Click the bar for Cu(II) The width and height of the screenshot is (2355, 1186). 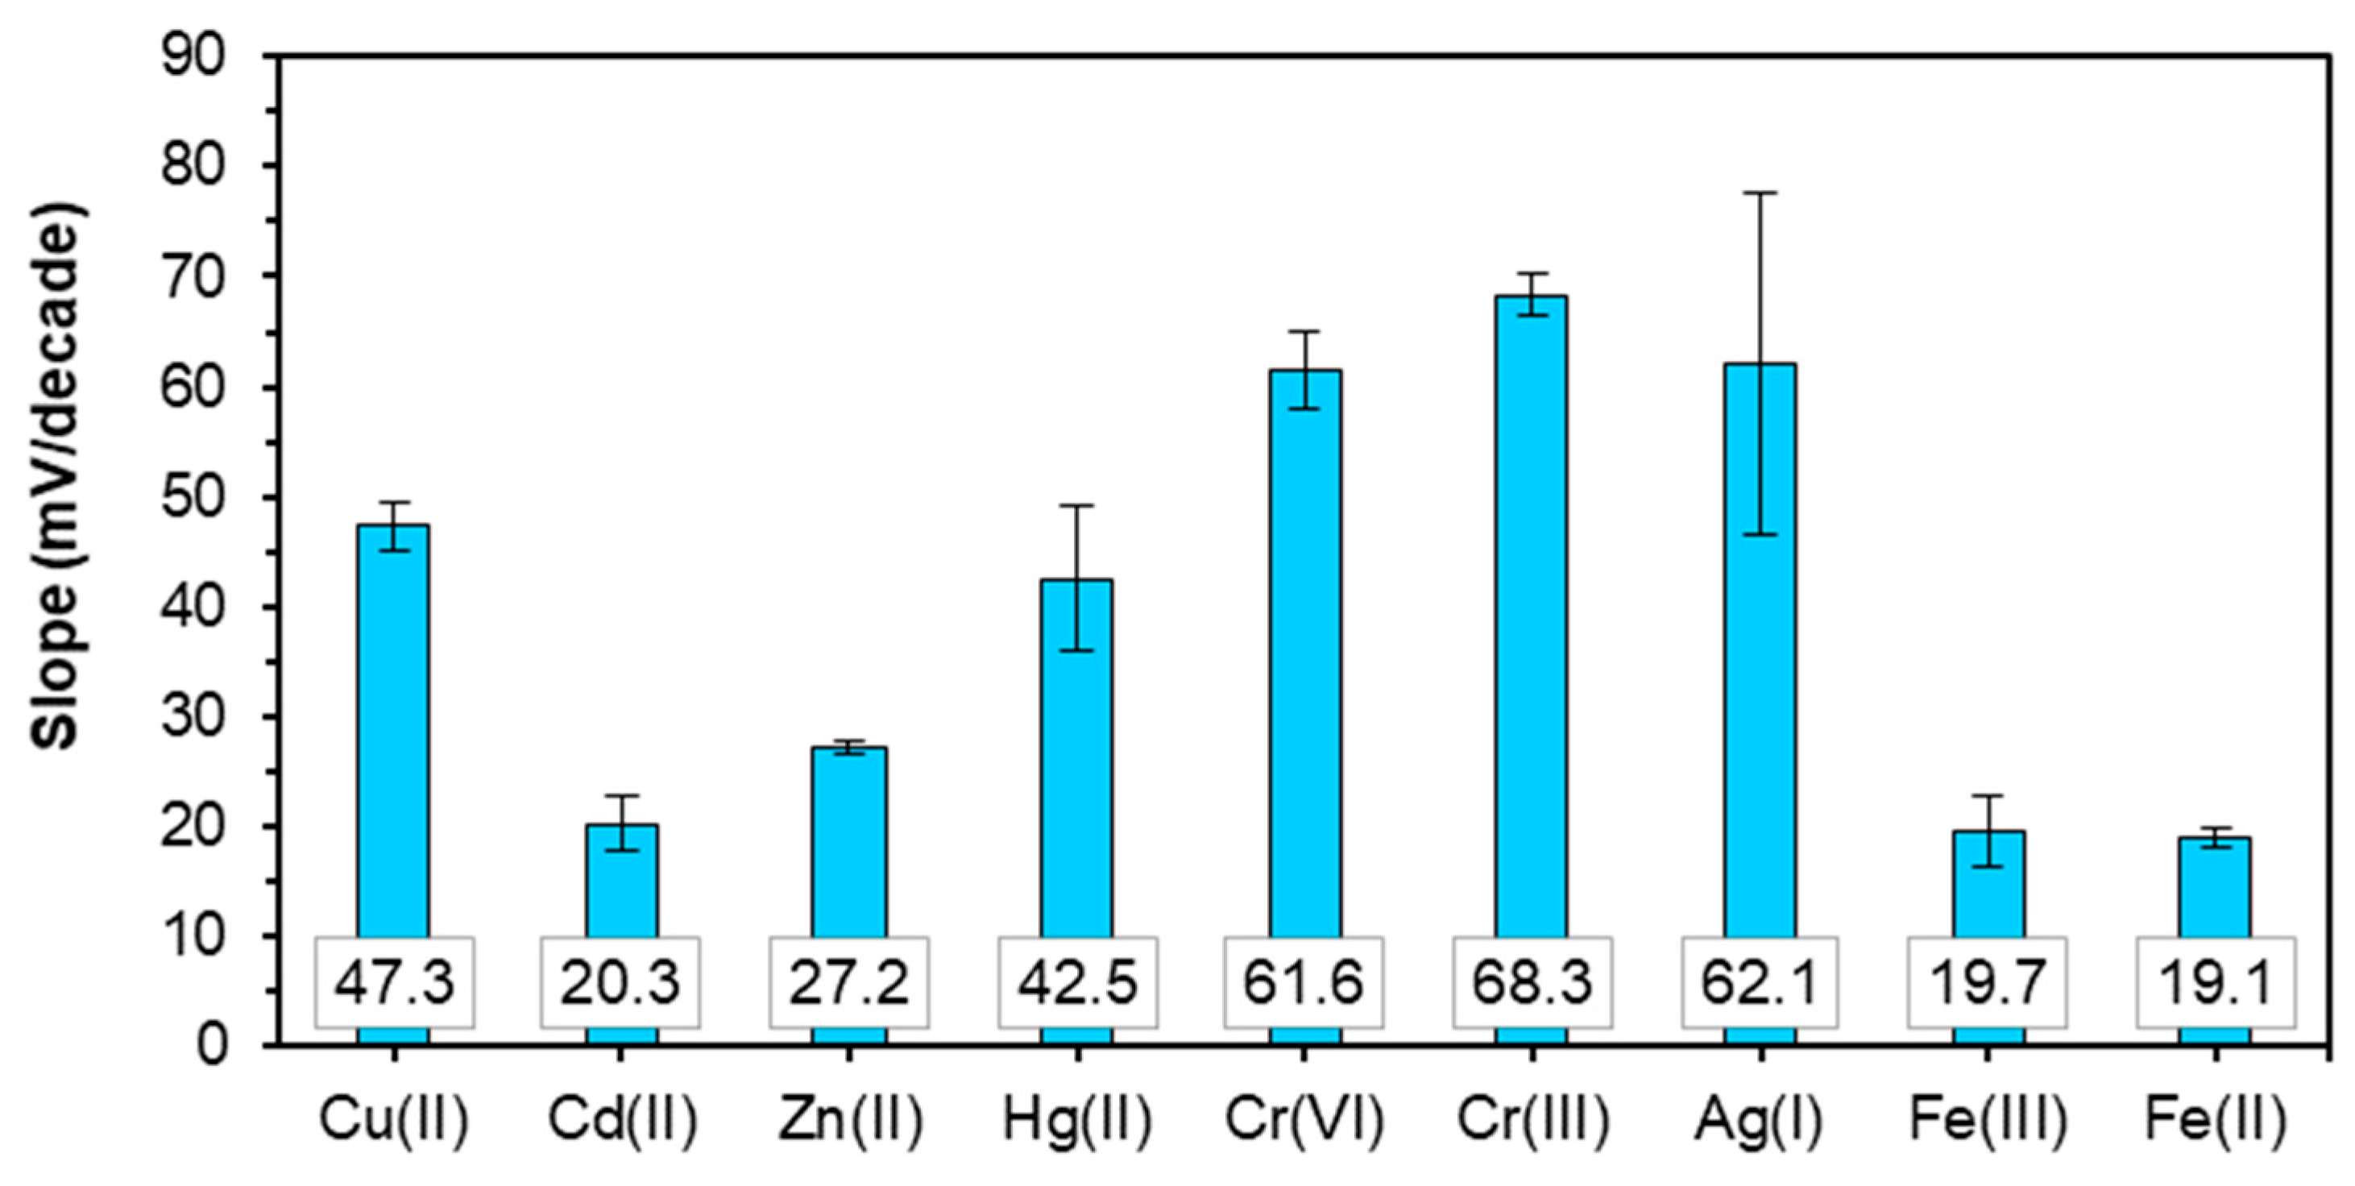click(x=393, y=732)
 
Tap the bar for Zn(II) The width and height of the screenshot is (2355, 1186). click(x=849, y=841)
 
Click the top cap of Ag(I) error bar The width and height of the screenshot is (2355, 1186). click(x=1760, y=193)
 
